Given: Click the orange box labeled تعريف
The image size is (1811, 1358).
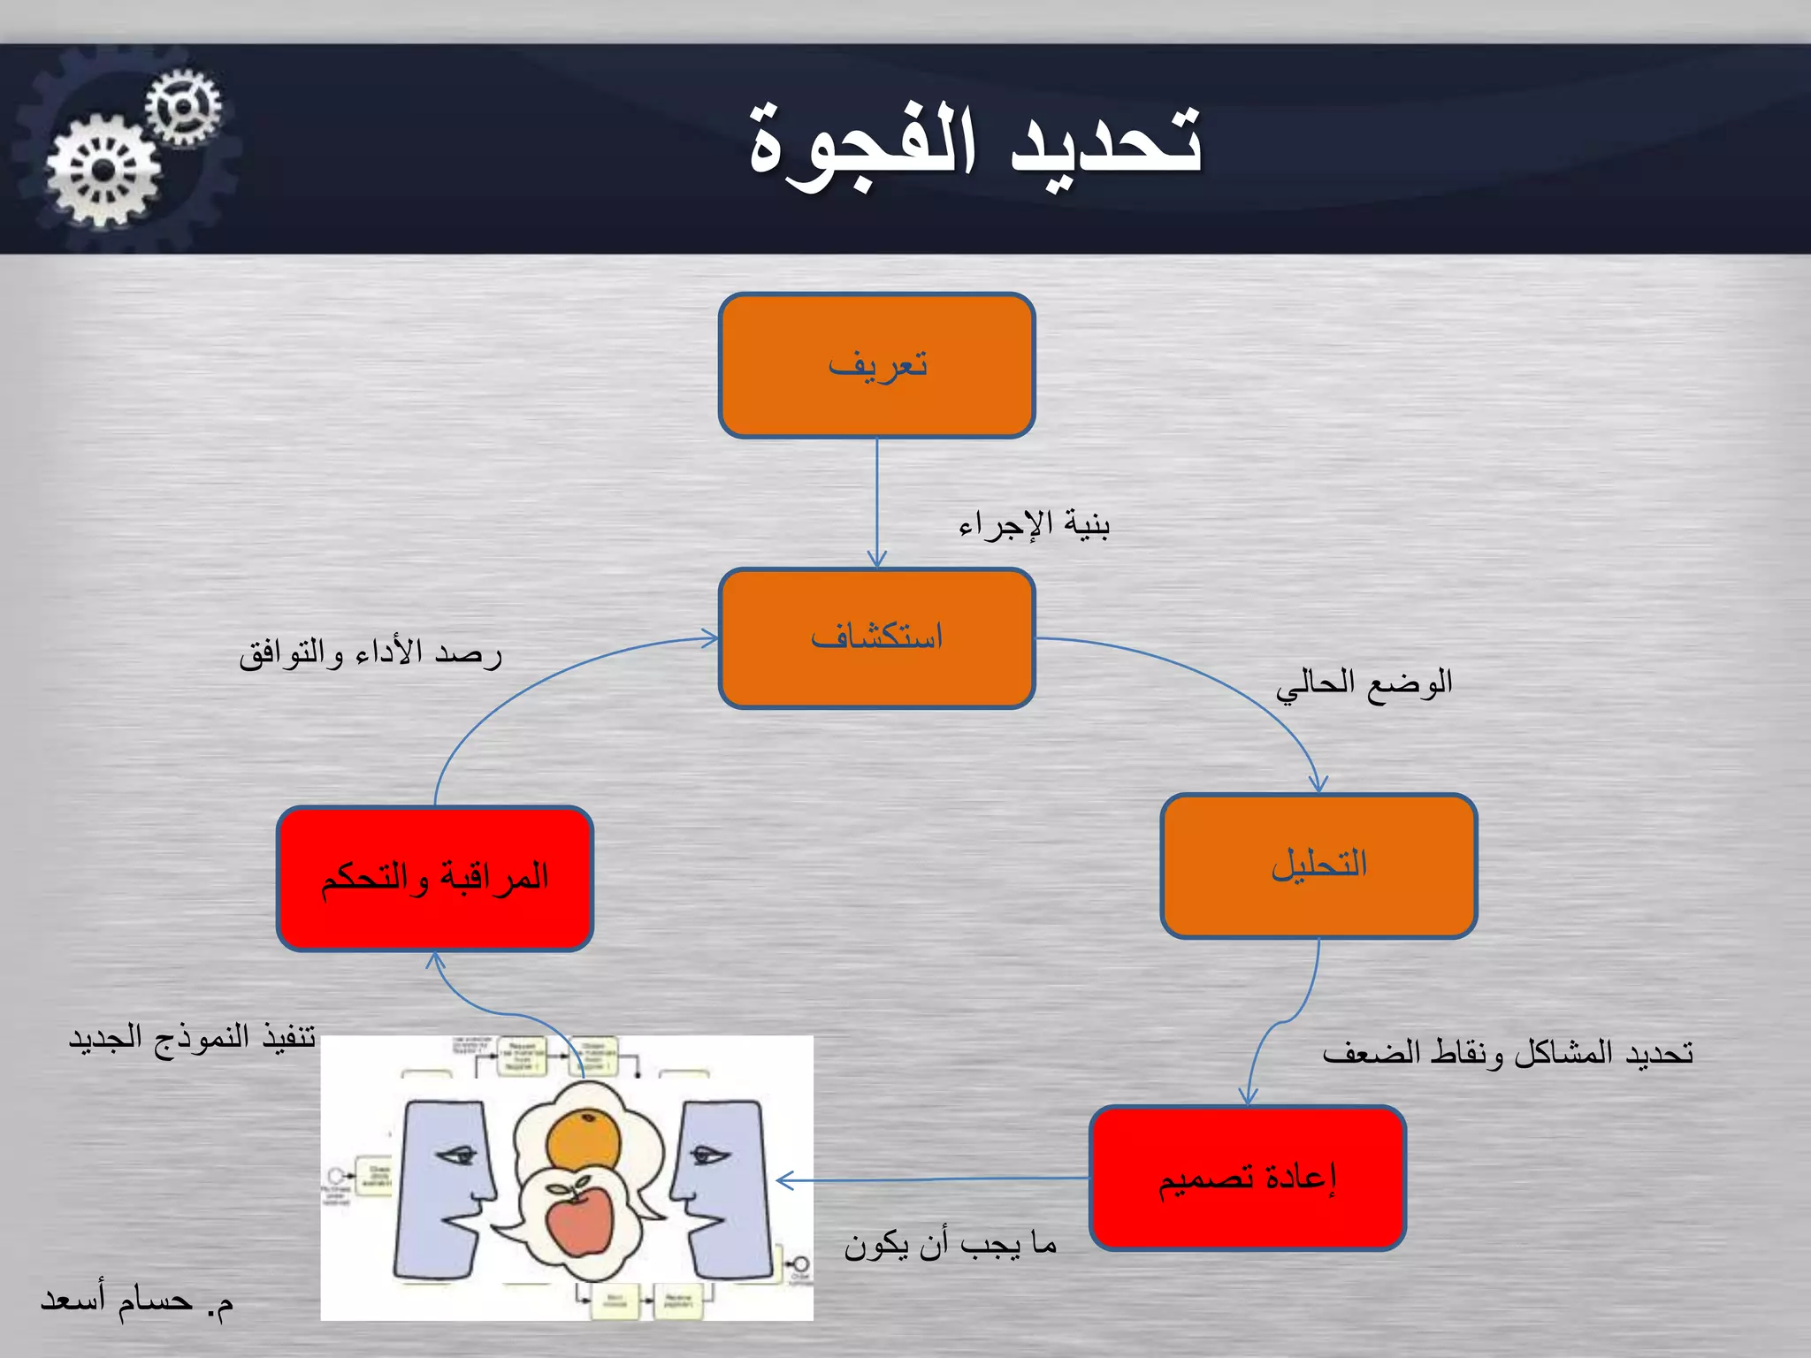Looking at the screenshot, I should [x=876, y=365].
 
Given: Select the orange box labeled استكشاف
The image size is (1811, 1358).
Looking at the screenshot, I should [x=876, y=637].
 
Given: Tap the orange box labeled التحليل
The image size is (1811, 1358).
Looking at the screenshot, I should [x=1318, y=865].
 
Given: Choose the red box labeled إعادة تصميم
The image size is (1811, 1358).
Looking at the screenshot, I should [x=1247, y=1178].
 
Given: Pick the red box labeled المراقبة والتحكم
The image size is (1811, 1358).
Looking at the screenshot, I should [x=434, y=878].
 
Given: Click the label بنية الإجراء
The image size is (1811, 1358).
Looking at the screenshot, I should [x=1034, y=526].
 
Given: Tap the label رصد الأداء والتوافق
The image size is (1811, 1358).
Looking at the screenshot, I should [x=371, y=654].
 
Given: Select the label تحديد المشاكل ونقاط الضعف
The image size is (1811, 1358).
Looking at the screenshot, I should [x=1507, y=1053].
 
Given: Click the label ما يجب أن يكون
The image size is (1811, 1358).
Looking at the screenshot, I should [x=950, y=1245].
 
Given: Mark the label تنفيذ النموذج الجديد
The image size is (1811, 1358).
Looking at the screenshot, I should [x=192, y=1037].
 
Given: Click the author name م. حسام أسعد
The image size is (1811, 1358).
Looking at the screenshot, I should [x=137, y=1301].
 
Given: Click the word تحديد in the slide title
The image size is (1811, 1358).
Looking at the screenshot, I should [x=1105, y=141].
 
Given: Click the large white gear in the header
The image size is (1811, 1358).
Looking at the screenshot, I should [x=103, y=171].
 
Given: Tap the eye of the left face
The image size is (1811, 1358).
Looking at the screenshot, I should [x=456, y=1154].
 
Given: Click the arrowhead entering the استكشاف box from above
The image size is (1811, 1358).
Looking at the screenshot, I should [x=876, y=561].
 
